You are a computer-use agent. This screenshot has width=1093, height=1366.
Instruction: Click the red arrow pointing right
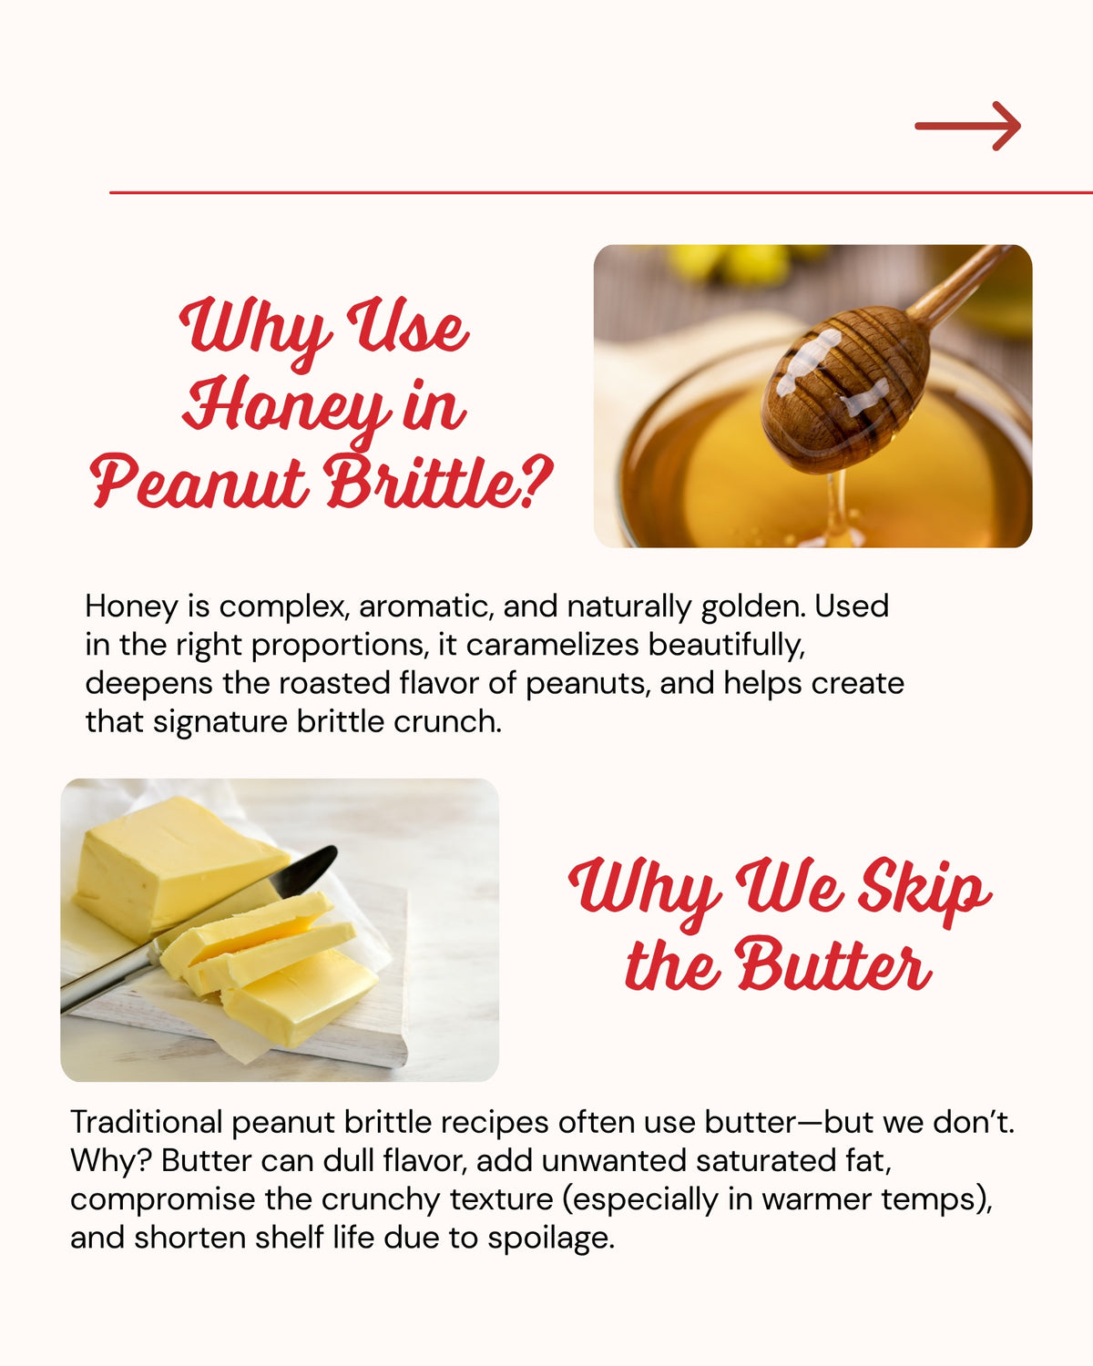point(967,126)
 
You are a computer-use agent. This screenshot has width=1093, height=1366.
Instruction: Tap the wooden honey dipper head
point(844,387)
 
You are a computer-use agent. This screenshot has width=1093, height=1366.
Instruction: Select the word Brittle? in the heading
point(441,483)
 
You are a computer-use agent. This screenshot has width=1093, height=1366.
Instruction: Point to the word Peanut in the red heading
point(199,483)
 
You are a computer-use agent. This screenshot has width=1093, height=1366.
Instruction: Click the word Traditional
point(146,1122)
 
